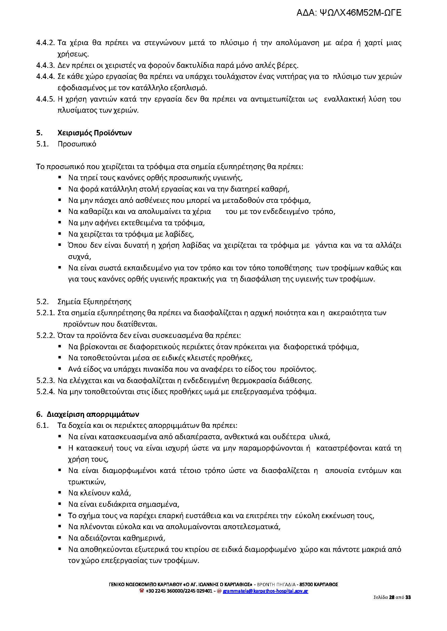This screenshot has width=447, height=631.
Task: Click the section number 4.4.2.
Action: (x=46, y=43)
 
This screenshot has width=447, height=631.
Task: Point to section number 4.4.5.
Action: (x=46, y=99)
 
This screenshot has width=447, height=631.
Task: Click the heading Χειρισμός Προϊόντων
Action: (x=94, y=133)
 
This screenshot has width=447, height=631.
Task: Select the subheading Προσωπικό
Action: (x=77, y=144)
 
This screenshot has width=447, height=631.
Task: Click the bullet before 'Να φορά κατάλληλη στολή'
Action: (x=60, y=189)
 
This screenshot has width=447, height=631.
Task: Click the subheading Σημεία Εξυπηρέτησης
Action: (x=94, y=302)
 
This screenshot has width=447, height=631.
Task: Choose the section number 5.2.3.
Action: (x=46, y=381)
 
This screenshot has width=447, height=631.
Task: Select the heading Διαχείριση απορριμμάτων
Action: (x=93, y=414)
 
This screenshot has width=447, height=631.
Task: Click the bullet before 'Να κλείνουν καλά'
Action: (x=60, y=493)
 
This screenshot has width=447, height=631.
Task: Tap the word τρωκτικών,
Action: (x=87, y=482)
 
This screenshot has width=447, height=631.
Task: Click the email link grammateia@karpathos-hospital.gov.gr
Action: (x=265, y=591)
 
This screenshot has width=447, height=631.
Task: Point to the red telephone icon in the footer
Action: (x=142, y=590)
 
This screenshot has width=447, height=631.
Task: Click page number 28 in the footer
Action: (x=392, y=597)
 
